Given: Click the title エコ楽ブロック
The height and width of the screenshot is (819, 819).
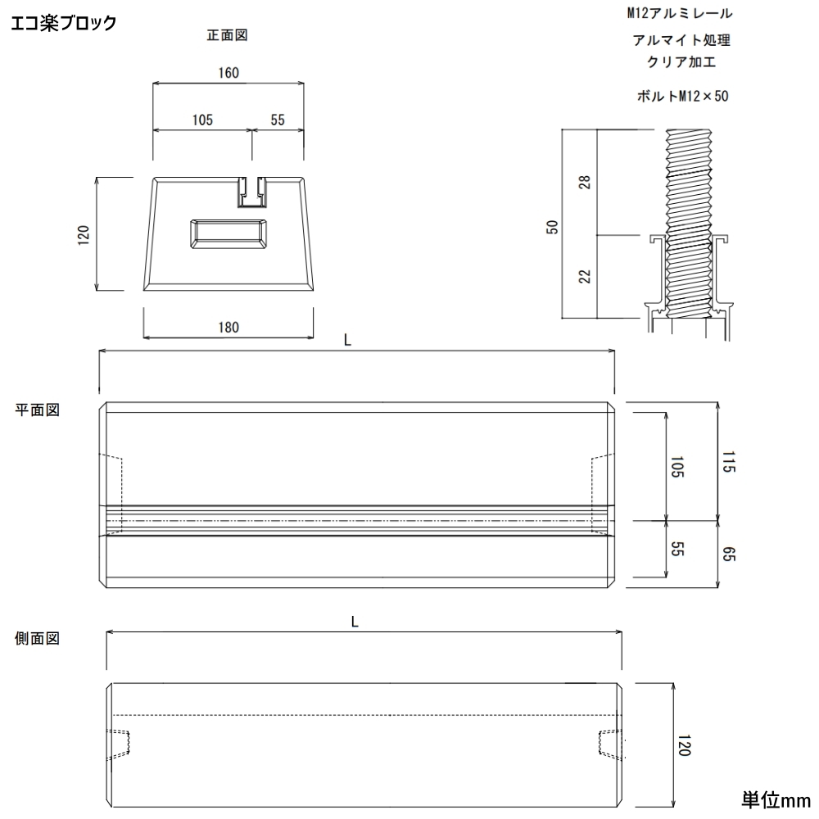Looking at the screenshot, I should [x=64, y=23].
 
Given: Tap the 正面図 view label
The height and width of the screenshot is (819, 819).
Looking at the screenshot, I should [x=228, y=35].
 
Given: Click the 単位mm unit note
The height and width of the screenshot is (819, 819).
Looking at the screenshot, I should [x=775, y=799].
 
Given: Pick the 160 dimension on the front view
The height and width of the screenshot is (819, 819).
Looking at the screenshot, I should [x=229, y=73].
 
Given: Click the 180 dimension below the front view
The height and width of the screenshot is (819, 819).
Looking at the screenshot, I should [x=229, y=328].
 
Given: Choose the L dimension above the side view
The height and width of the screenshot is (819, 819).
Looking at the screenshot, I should [x=355, y=622].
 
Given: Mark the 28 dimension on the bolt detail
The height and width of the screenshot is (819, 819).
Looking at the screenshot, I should [x=584, y=182].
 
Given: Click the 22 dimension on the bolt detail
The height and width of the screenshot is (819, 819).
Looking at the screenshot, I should [x=584, y=276].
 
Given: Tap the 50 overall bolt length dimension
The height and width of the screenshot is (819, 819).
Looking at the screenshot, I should [x=553, y=227].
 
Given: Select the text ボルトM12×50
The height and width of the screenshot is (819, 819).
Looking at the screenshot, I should [x=681, y=96].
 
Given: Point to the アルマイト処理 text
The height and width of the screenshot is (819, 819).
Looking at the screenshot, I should [x=681, y=40].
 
